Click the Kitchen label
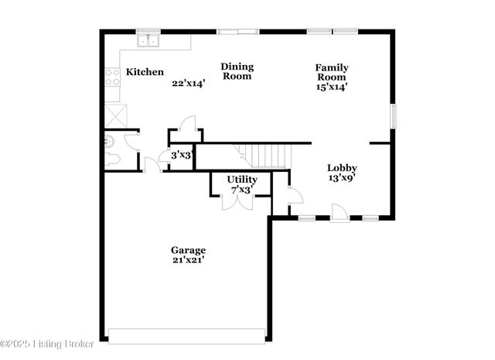pos(145,72)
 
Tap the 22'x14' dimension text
pos(188,83)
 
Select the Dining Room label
pos(237,71)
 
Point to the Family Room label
pos(331,72)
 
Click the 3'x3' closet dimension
pos(181,155)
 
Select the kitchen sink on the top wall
pos(148,39)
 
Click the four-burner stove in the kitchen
pos(112,77)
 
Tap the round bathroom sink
pos(110,140)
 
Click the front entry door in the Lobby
pos(340,212)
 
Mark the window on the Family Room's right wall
pos(392,116)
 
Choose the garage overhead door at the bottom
pos(186,336)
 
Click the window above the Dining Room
pos(237,32)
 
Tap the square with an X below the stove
pos(116,116)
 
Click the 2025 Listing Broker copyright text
pos(47,343)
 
